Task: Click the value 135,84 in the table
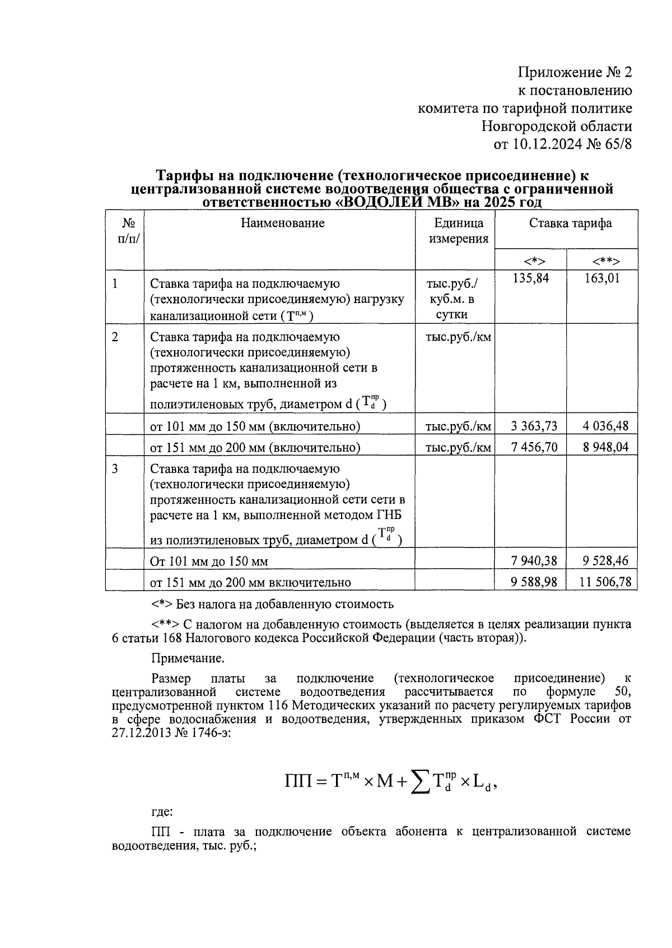coord(530,278)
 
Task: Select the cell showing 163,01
coord(602,278)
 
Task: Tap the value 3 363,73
coord(534,426)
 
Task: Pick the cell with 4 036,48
coord(605,426)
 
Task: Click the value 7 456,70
coord(534,447)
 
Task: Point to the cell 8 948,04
coord(605,447)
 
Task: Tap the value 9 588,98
coord(534,582)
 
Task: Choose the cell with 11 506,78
coord(605,582)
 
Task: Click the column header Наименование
coord(282,224)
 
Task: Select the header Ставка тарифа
coord(570,224)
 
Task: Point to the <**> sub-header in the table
coord(605,261)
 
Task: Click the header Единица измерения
coord(459,231)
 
